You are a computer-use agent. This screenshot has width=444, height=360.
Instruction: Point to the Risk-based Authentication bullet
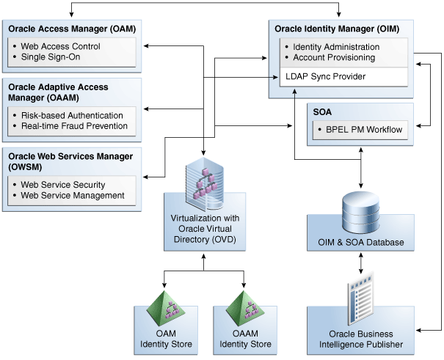(x=72, y=114)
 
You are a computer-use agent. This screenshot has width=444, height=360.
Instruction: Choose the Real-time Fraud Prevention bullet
(x=74, y=126)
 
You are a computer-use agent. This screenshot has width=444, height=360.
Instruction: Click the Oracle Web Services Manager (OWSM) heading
(x=70, y=155)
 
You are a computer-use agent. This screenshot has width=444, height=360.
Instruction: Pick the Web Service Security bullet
(x=62, y=185)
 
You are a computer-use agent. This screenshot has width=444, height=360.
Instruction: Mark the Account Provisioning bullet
(x=334, y=57)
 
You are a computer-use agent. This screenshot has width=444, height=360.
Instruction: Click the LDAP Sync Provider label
(x=326, y=76)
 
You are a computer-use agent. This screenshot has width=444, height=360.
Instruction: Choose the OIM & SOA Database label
(x=360, y=243)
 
